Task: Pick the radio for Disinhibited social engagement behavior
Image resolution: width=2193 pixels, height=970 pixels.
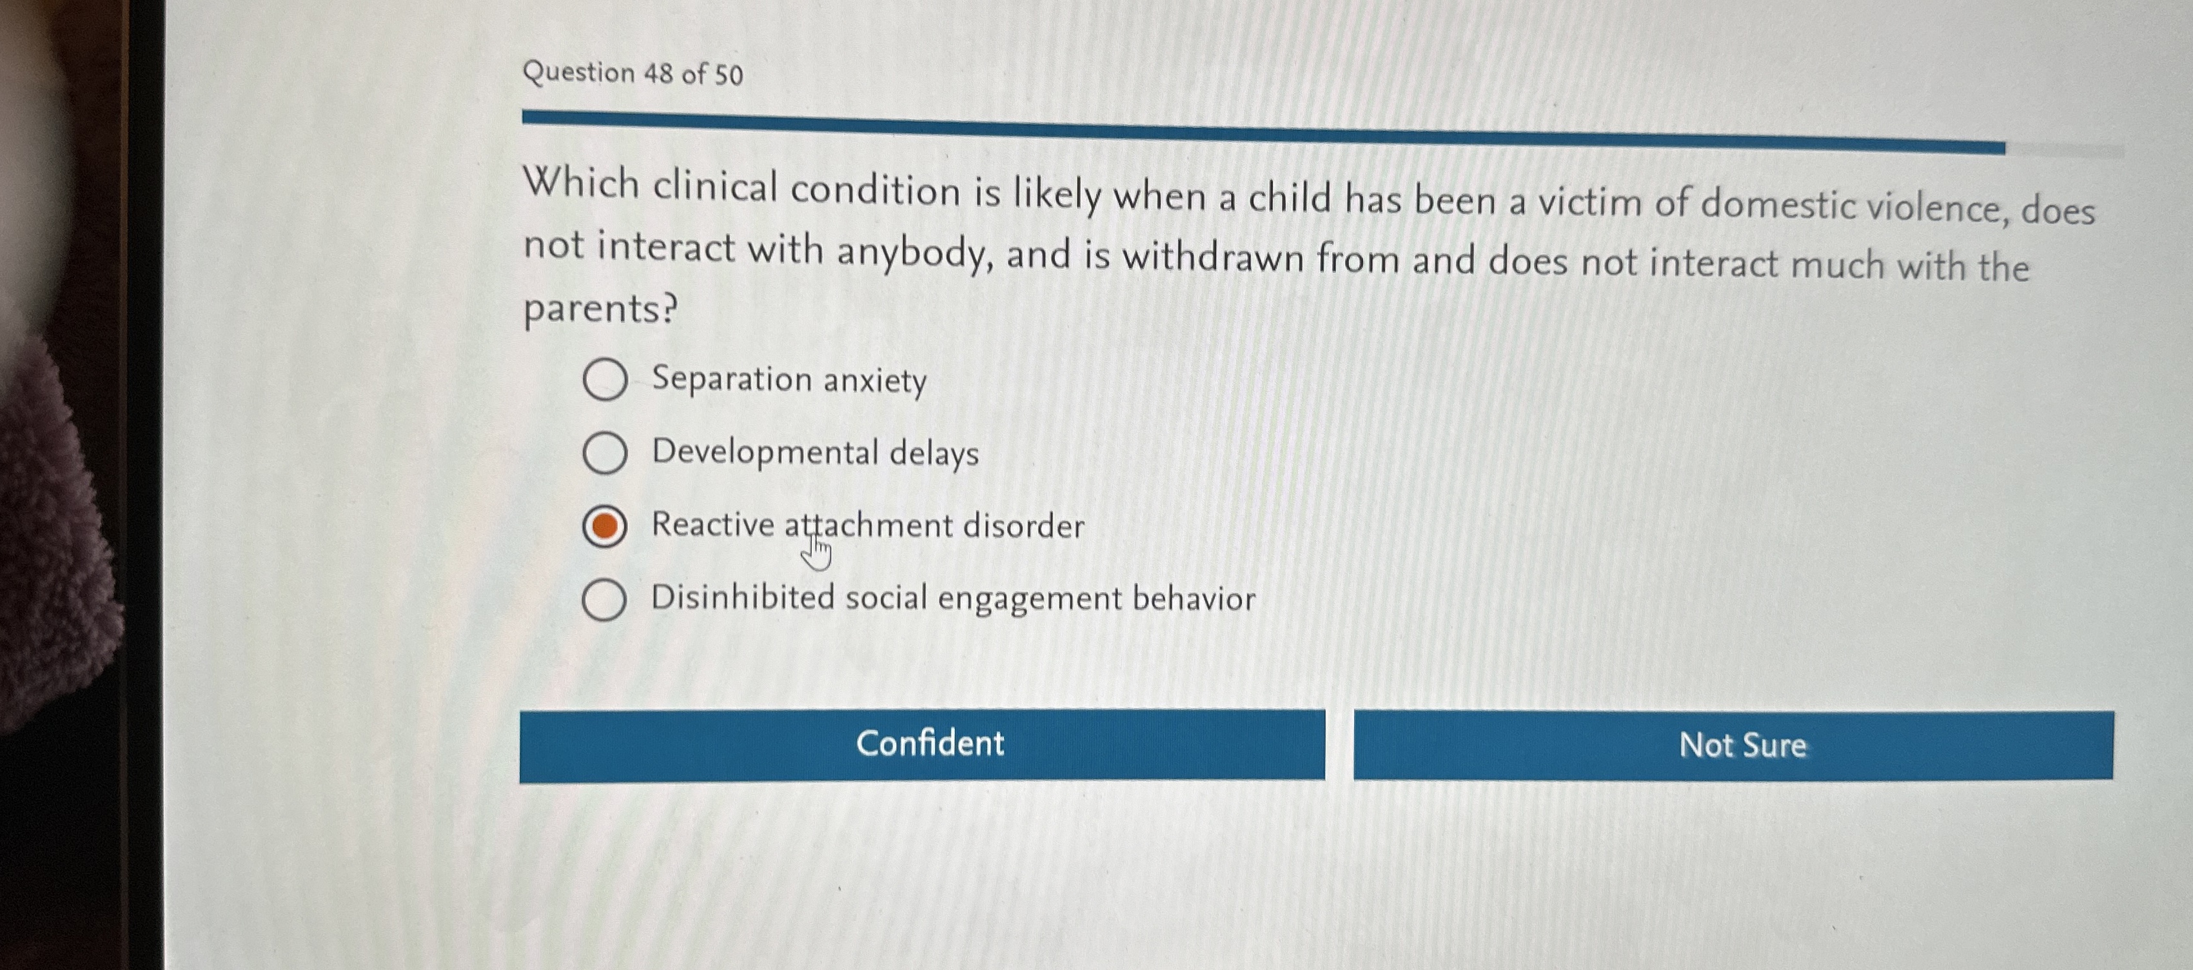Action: (604, 600)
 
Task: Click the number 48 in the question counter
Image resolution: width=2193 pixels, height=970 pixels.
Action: (658, 74)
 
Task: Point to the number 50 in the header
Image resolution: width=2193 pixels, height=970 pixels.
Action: (729, 75)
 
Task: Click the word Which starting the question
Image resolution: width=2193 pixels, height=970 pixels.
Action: (580, 183)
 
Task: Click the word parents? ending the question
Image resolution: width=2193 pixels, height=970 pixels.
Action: (600, 308)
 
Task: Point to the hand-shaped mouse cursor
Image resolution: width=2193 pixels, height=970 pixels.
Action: (816, 552)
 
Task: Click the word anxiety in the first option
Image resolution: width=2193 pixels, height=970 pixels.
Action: (874, 380)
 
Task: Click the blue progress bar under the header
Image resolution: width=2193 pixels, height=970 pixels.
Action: (1260, 132)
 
